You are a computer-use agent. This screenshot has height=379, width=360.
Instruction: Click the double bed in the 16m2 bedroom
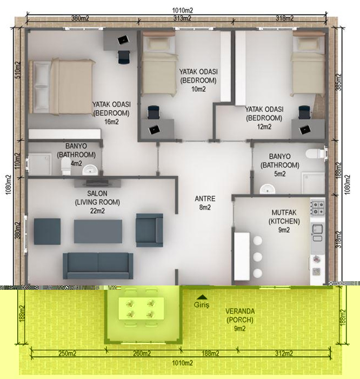coord(62,87)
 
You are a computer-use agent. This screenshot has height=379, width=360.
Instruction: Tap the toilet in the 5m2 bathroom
coord(315,154)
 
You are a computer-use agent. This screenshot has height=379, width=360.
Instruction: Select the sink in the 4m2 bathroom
coord(90,170)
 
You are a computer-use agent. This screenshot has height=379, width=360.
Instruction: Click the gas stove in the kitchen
coord(317,208)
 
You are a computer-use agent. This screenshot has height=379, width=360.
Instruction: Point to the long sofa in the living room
coord(98,265)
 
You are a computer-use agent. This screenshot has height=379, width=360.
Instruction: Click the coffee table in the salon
coord(98,231)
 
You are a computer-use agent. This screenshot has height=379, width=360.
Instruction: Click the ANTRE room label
coord(205,198)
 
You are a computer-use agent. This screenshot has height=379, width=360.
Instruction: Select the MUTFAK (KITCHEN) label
coord(284,217)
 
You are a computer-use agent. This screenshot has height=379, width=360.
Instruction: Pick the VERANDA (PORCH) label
coord(240,315)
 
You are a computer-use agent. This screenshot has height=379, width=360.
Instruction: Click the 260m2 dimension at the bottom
coord(142,354)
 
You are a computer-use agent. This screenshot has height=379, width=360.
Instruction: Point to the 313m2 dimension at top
coord(182,18)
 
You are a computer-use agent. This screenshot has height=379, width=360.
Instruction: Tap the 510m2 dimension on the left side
coord(18,70)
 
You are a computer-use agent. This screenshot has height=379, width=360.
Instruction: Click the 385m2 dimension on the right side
coord(339,82)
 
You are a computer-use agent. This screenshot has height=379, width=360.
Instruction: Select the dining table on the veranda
coord(141,309)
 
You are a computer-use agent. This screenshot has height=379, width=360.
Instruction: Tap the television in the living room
coord(97,183)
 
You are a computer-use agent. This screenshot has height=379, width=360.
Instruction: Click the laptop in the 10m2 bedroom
coord(154,130)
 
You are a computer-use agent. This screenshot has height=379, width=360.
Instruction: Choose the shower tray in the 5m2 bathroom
coord(313,183)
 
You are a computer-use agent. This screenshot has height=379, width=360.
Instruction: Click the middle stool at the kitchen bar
coord(258,257)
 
